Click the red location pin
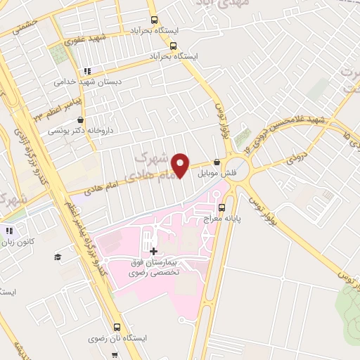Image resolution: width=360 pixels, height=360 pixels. [181, 166]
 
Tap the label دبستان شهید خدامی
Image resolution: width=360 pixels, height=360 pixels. [89, 82]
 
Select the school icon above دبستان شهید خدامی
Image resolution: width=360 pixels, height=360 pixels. [87, 71]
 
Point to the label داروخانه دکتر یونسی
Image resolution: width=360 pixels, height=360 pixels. [80, 131]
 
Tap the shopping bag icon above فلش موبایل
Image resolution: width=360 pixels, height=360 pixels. [217, 162]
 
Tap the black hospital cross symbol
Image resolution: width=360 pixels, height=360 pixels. [153, 250]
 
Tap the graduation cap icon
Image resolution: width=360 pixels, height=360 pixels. [56, 257]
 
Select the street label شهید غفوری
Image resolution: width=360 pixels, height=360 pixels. [88, 39]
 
